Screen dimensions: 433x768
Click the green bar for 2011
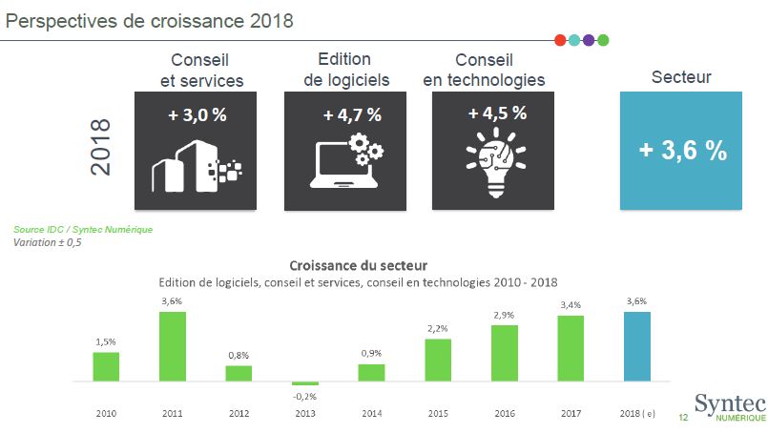tap(173, 346)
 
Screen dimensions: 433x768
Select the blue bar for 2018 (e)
tap(636, 346)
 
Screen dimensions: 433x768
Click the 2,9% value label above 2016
tap(505, 314)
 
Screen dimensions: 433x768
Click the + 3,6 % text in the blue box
tap(683, 151)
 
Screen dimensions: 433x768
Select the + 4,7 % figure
tap(352, 114)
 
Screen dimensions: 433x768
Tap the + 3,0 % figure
tap(197, 114)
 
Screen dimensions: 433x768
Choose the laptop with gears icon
tap(346, 161)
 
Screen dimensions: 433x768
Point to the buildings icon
tap(196, 165)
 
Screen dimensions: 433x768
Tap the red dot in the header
tap(560, 40)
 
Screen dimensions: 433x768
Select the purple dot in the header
tap(589, 40)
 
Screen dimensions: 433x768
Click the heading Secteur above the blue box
tap(681, 77)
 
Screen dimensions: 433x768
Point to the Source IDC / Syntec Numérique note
tap(83, 229)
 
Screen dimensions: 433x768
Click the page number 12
tap(683, 418)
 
